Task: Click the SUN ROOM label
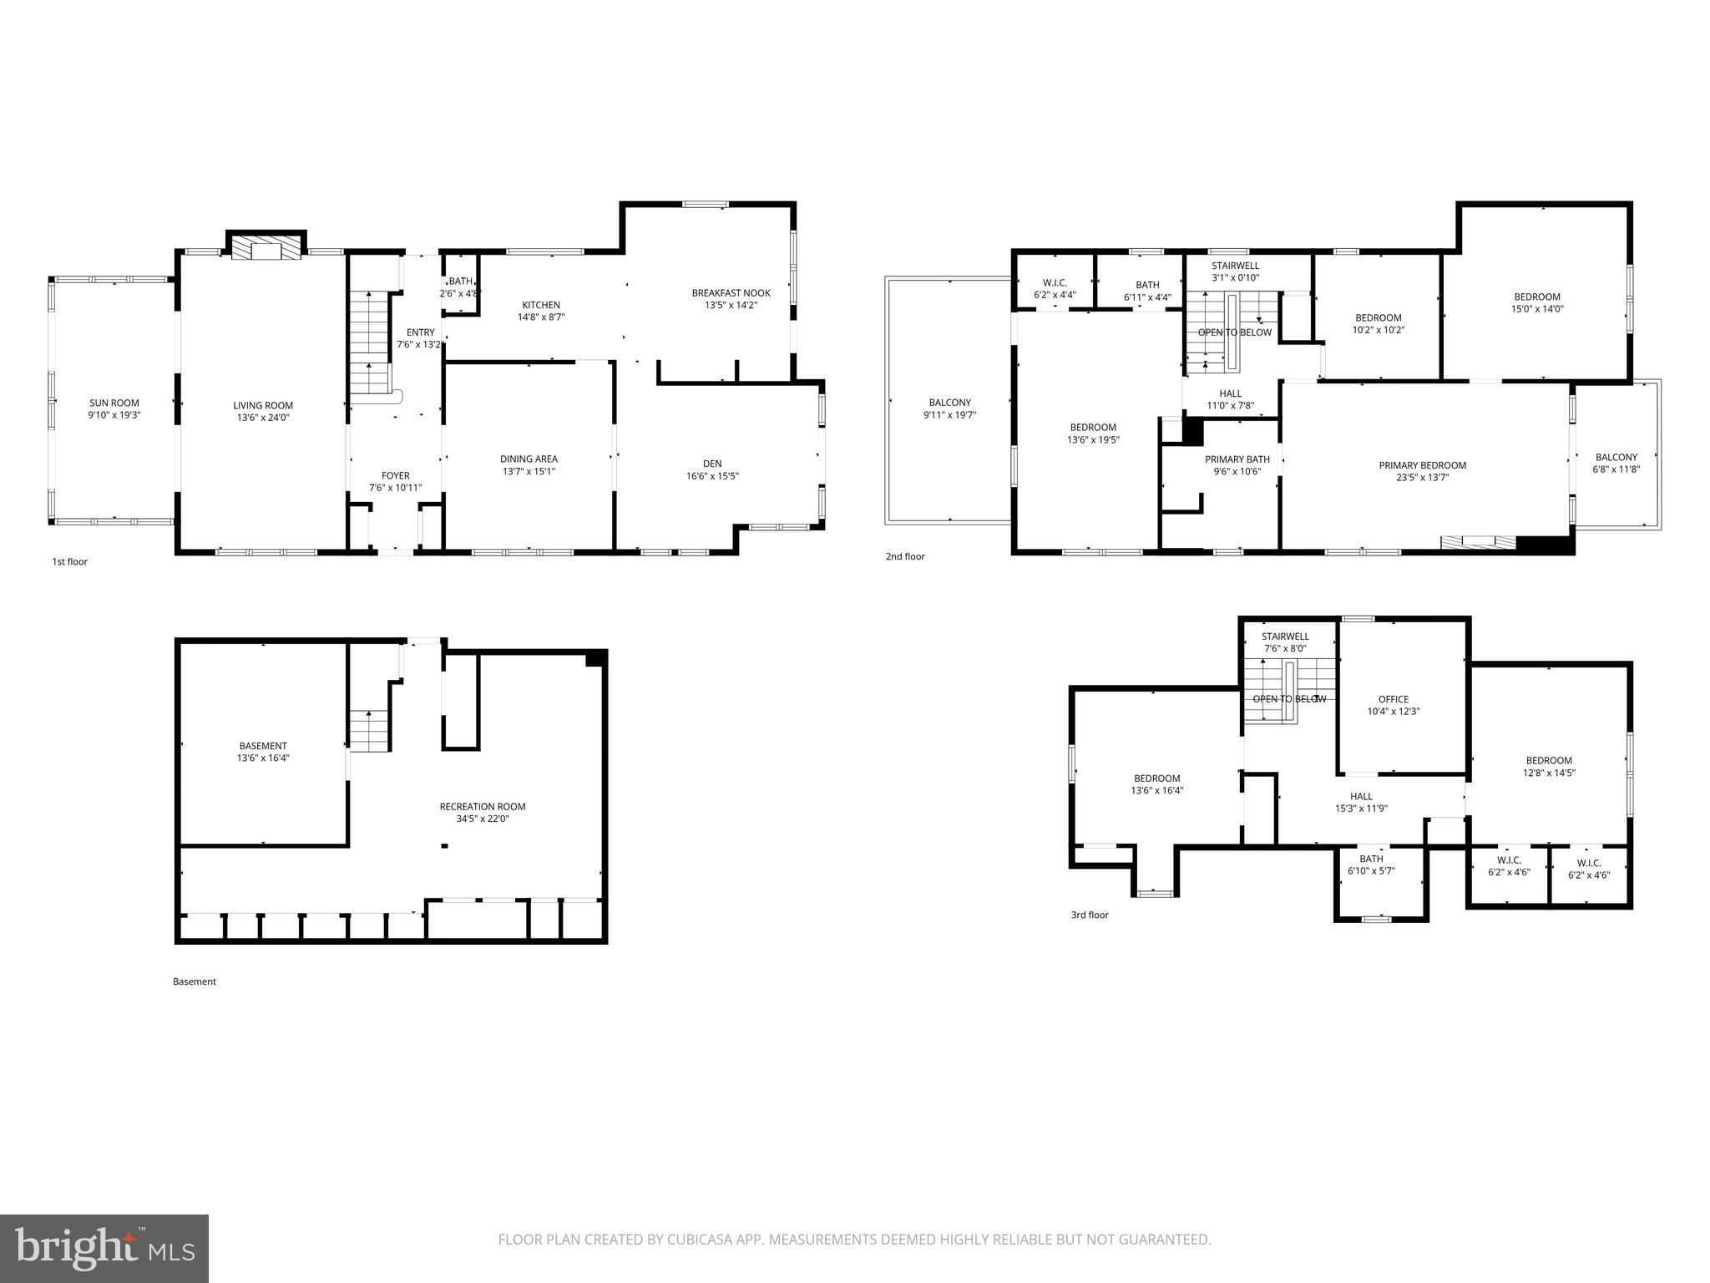tap(114, 403)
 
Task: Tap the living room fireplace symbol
tap(266, 249)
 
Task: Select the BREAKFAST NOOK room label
tap(731, 293)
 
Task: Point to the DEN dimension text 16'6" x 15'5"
tap(711, 476)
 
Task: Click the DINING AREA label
tap(529, 459)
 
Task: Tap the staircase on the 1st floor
tap(368, 342)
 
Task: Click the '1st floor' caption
tap(69, 561)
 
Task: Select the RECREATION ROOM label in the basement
tap(483, 807)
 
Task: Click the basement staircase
tap(368, 730)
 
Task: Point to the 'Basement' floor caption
tap(194, 981)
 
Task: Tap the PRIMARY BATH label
tap(1237, 459)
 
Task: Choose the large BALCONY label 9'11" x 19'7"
tap(949, 403)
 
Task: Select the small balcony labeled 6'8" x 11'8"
tap(1616, 457)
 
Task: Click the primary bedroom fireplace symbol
tap(1477, 543)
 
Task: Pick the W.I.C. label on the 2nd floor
tap(1055, 283)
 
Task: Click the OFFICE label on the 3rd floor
tap(1393, 699)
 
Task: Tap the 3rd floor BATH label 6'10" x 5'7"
tap(1371, 859)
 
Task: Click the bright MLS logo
tap(104, 1248)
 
